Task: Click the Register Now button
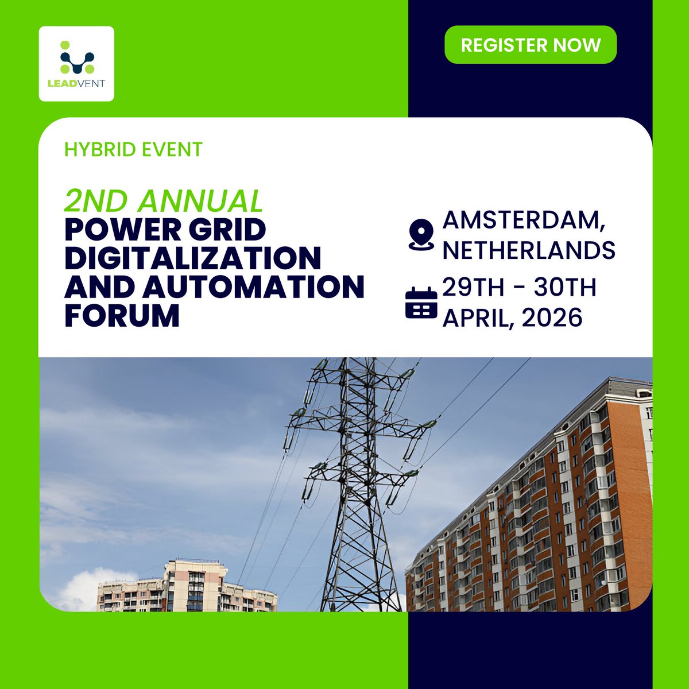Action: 531,45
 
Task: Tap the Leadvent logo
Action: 76,64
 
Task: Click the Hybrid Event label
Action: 133,150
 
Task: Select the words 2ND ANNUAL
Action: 164,200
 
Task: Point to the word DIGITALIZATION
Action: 192,258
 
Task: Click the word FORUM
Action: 122,315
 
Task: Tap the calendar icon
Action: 421,303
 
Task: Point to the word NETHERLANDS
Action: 529,250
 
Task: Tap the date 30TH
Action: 565,288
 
